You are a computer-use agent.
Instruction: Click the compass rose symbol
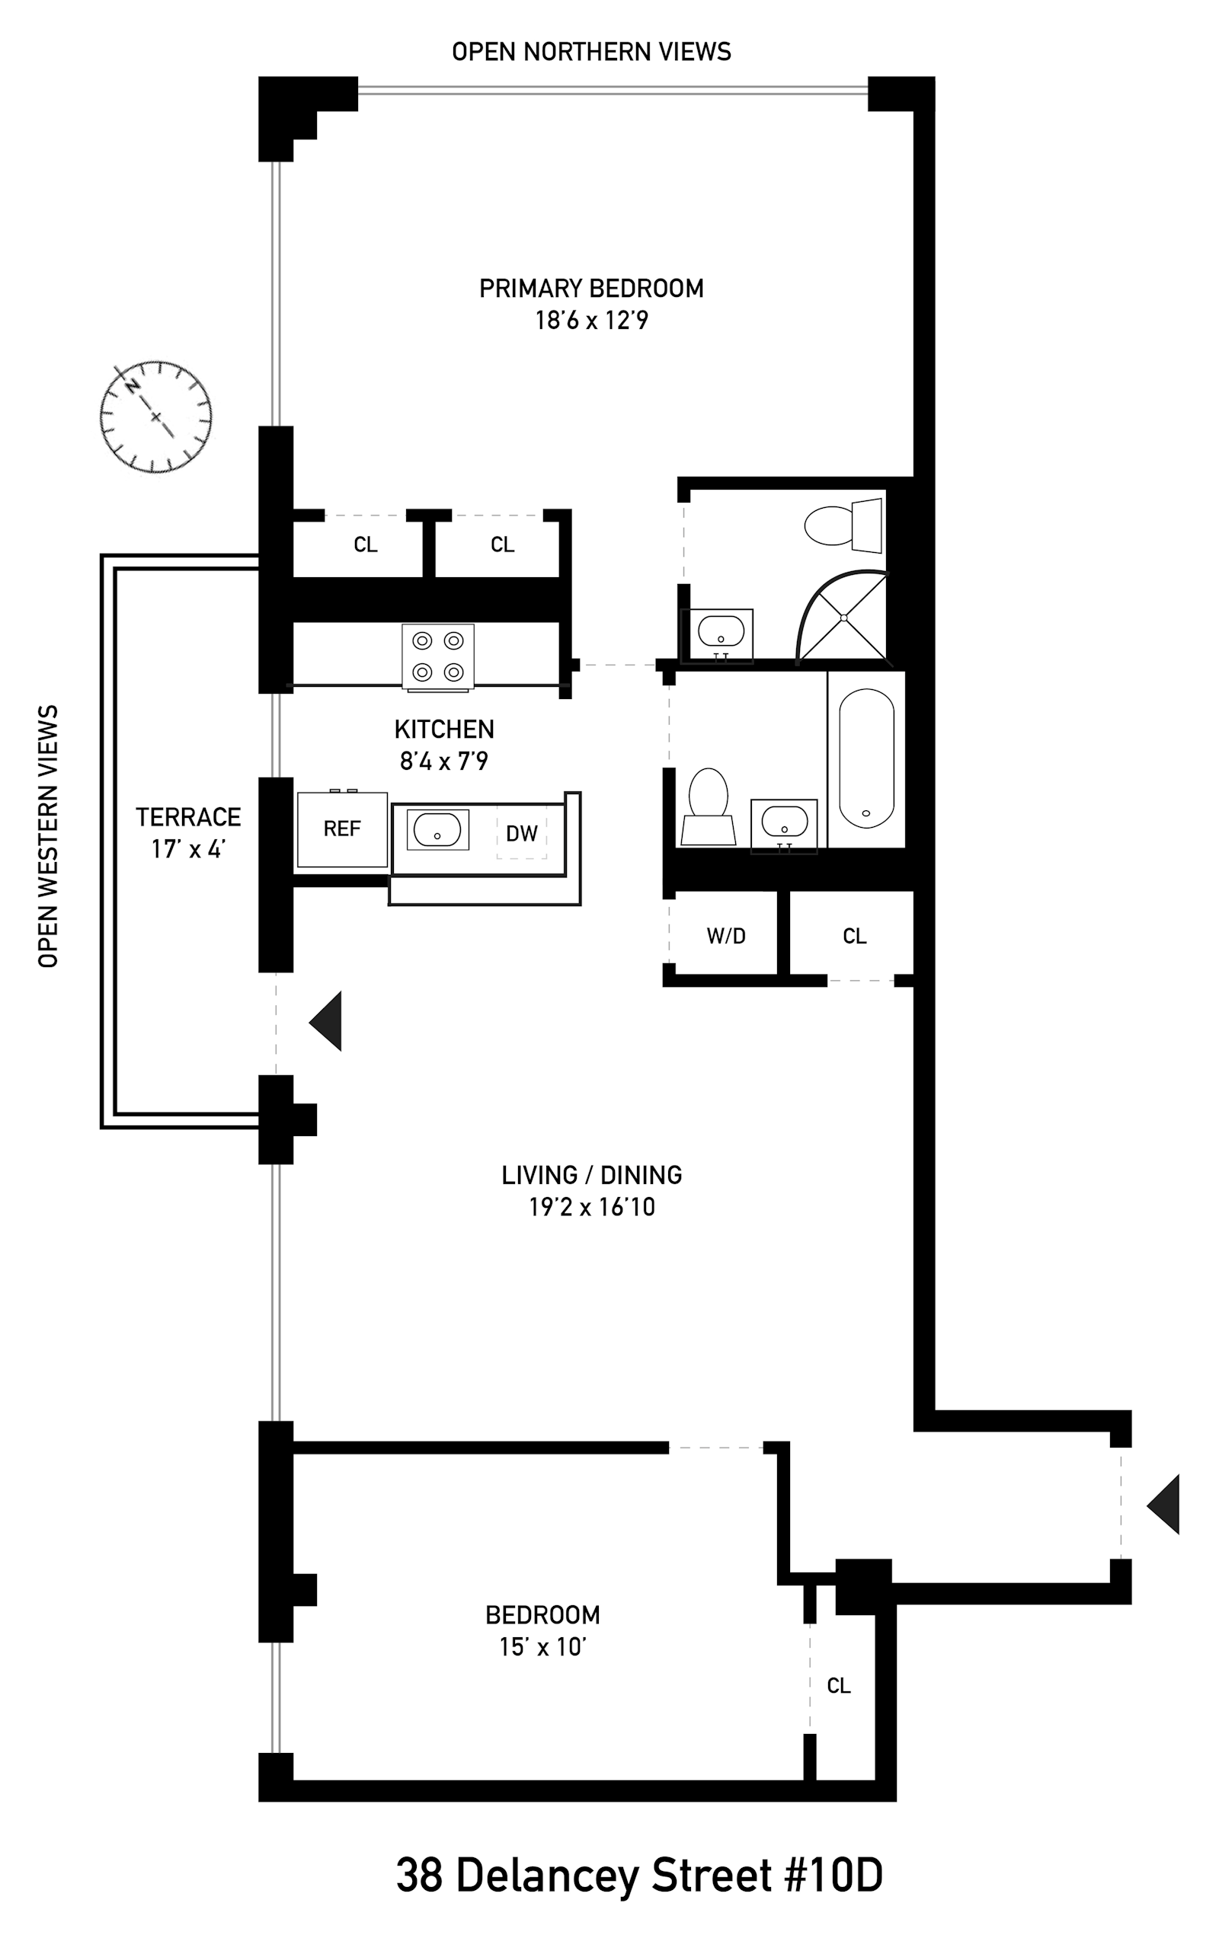click(x=156, y=417)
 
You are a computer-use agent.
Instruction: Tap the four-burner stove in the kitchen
click(x=438, y=656)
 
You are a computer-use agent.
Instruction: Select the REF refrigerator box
click(x=342, y=829)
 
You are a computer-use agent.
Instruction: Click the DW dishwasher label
click(x=522, y=833)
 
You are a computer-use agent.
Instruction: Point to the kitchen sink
click(x=437, y=830)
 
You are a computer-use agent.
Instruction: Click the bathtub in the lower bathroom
click(x=866, y=758)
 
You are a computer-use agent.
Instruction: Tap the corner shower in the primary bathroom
click(x=842, y=618)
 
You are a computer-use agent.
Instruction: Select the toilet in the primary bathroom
click(x=843, y=525)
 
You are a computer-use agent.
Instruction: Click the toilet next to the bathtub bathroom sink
click(x=709, y=806)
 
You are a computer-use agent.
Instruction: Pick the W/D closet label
click(x=726, y=936)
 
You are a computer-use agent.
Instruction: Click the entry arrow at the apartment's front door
click(x=1163, y=1504)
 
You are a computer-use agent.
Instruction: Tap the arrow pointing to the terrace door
click(x=325, y=1020)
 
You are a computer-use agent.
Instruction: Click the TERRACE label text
click(x=188, y=817)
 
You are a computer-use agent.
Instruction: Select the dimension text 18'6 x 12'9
click(x=592, y=321)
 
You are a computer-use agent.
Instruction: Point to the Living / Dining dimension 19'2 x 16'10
click(x=592, y=1207)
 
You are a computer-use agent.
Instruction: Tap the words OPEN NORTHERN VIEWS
click(x=592, y=52)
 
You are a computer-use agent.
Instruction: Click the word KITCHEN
click(x=444, y=730)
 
